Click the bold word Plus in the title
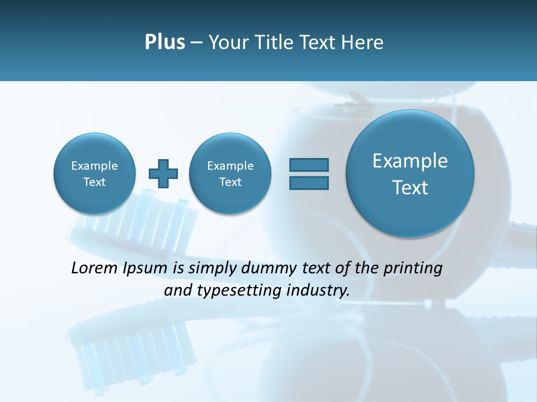click(x=164, y=42)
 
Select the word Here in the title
click(x=363, y=42)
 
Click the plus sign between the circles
click(x=163, y=174)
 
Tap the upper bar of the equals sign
click(x=309, y=165)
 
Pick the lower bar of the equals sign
click(x=309, y=183)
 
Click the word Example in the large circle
click(x=410, y=161)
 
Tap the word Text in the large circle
click(x=410, y=188)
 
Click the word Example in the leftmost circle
click(x=95, y=166)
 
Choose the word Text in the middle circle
click(x=230, y=182)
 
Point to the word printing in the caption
click(x=412, y=269)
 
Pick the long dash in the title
click(x=196, y=43)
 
